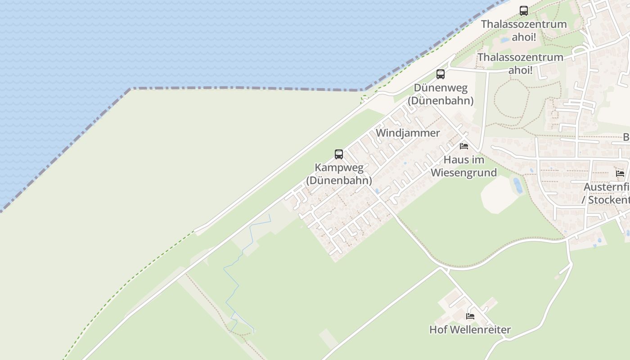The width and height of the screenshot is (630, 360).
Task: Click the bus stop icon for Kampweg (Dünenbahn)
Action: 339,154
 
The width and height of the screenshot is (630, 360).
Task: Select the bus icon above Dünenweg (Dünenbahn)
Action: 441,74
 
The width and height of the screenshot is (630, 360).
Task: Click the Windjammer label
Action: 408,133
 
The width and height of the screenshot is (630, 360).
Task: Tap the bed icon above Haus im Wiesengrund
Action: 464,146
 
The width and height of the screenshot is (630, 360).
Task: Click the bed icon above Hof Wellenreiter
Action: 470,316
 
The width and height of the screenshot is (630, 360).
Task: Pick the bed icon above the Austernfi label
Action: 620,174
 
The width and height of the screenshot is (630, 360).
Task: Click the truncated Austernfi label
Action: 607,187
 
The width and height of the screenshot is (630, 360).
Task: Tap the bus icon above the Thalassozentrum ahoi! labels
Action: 524,11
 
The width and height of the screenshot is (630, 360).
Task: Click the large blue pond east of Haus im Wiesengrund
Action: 518,185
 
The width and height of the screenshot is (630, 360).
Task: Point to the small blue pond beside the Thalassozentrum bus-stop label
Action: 505,40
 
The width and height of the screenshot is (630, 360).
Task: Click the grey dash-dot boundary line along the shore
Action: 247,88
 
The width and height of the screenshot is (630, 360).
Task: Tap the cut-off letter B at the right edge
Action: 626,137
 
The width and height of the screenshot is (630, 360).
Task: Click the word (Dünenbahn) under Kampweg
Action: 339,181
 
